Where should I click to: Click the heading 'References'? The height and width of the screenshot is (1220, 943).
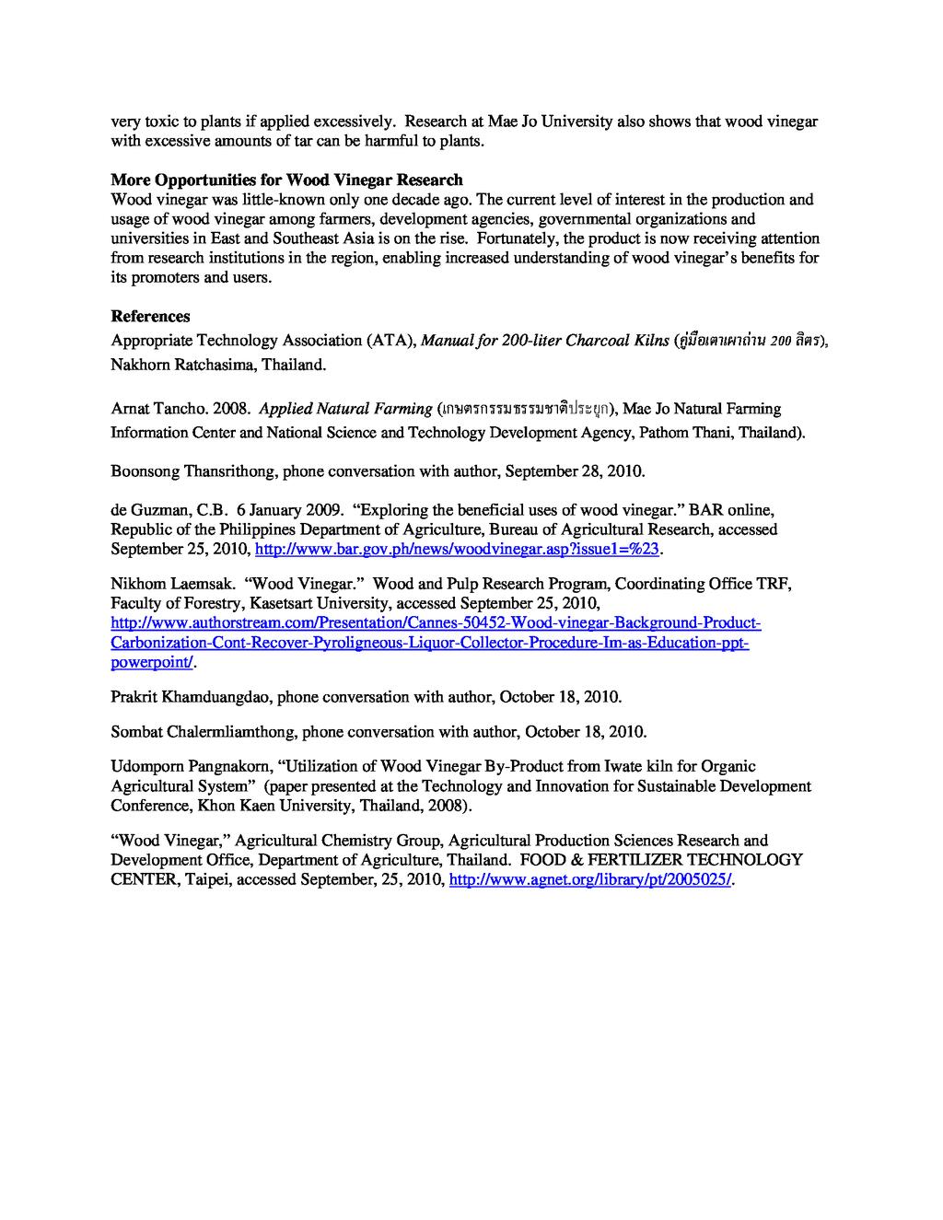(x=150, y=316)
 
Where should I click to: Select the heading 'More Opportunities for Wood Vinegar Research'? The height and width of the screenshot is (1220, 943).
(x=286, y=180)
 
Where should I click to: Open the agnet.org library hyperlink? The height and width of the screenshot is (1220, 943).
(x=590, y=879)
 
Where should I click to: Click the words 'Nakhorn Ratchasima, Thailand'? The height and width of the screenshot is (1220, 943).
(x=217, y=365)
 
